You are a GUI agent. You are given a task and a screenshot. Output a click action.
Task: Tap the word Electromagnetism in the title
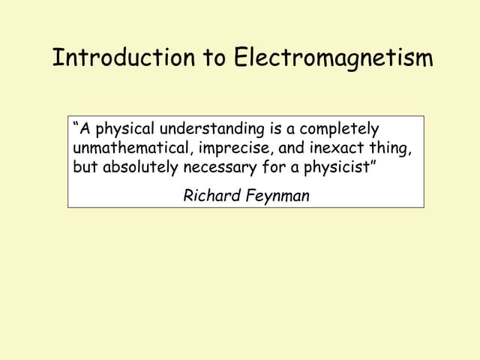coord(334,58)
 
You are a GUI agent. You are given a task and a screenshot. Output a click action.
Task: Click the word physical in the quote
coord(124,129)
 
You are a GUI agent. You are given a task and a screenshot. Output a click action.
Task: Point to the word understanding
coord(211,129)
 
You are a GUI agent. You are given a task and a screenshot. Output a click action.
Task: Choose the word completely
coord(340,129)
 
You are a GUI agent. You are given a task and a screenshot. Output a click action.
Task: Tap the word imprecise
coord(233,148)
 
